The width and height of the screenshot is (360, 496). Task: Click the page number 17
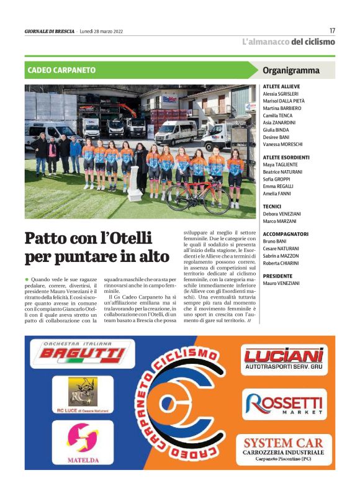coord(332,30)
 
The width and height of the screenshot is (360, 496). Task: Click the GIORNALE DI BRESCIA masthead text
coord(49,31)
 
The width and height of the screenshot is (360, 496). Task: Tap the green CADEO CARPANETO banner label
coord(61,70)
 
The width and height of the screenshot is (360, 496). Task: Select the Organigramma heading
coord(291,70)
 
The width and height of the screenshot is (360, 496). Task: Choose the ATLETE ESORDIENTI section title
coord(286,158)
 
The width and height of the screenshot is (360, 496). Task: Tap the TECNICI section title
coord(272,206)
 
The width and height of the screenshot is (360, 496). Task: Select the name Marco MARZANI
coord(280,220)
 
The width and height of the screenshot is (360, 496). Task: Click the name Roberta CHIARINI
coord(282,263)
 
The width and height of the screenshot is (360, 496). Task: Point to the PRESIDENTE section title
coord(277,276)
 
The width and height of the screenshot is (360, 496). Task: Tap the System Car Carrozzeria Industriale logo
coord(282,449)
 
